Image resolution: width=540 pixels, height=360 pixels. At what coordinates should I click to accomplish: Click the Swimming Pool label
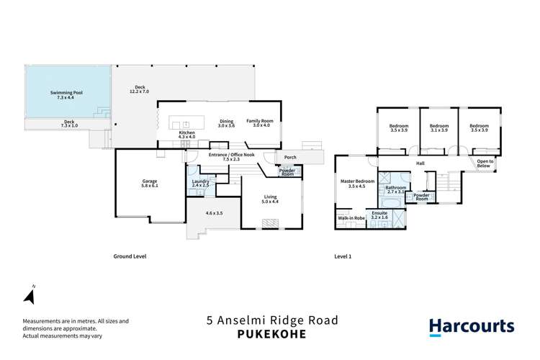(66, 93)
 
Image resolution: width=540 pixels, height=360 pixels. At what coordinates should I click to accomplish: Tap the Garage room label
(150, 181)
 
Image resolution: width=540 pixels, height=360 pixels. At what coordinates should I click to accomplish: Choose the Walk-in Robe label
(350, 217)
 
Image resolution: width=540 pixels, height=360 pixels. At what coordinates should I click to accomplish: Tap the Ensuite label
(379, 214)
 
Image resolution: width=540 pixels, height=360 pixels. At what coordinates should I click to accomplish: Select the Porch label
(291, 157)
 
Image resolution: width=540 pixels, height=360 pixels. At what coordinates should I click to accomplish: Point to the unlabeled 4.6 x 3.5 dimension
(214, 214)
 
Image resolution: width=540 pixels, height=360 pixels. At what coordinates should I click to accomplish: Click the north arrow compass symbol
(30, 295)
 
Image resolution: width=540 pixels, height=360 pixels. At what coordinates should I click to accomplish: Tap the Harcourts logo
(472, 326)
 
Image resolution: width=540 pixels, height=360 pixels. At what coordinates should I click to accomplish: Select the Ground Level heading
(130, 256)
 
